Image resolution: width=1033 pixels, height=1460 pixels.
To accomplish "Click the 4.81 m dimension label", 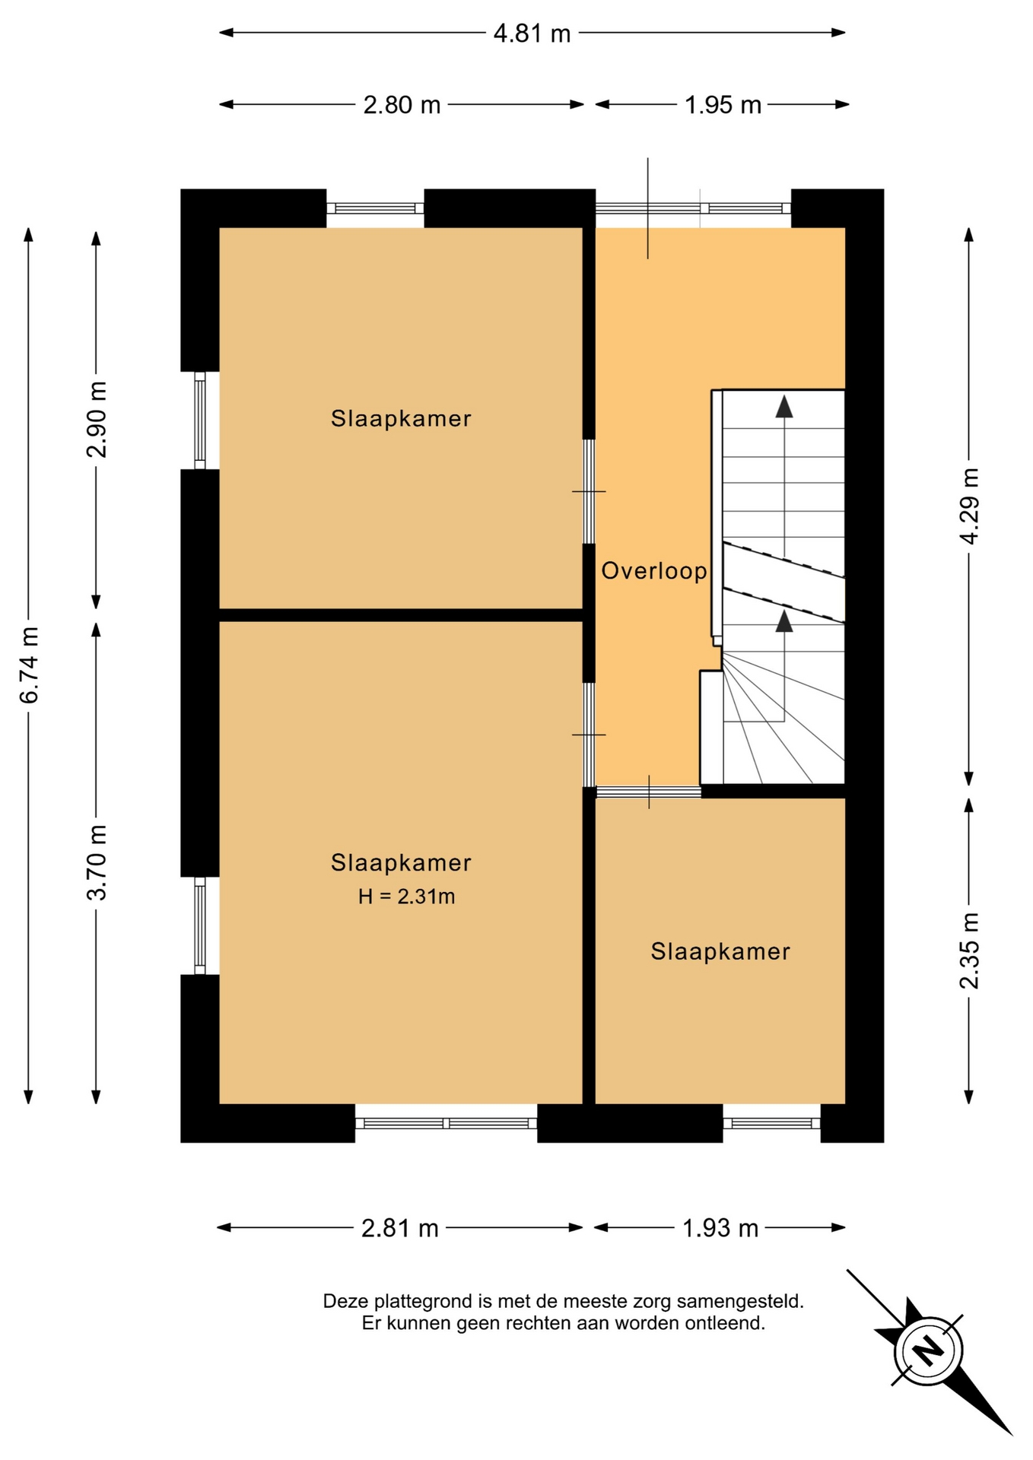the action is (x=532, y=33).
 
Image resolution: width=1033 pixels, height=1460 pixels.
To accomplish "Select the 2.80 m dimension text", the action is (x=402, y=105).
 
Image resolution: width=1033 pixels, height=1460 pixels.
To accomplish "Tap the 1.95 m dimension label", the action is (x=723, y=105).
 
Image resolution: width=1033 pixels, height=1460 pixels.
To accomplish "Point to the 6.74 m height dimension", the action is (x=29, y=665).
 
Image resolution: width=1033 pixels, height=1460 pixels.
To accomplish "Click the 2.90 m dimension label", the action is (x=97, y=419).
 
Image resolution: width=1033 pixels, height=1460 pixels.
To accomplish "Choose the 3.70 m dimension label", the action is (x=97, y=862).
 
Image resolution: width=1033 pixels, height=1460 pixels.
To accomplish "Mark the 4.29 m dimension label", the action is (x=969, y=506).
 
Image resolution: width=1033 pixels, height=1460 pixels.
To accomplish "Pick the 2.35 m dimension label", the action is (x=969, y=951).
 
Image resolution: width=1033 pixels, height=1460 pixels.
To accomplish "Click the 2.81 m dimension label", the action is (x=400, y=1228).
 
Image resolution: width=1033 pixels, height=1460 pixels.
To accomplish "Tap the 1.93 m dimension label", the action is (x=720, y=1228).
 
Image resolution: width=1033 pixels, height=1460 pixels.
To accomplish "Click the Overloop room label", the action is (x=654, y=571).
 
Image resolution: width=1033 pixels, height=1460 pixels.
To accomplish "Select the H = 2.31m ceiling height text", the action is (x=407, y=897).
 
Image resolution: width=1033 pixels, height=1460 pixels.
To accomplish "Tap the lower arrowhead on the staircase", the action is (x=784, y=620).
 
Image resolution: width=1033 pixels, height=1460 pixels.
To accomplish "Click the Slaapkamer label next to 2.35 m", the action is (x=720, y=952).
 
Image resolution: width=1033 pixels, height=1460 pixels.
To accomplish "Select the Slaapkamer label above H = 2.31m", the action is (x=401, y=863).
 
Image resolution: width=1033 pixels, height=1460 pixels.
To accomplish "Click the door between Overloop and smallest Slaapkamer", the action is (x=648, y=792).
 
